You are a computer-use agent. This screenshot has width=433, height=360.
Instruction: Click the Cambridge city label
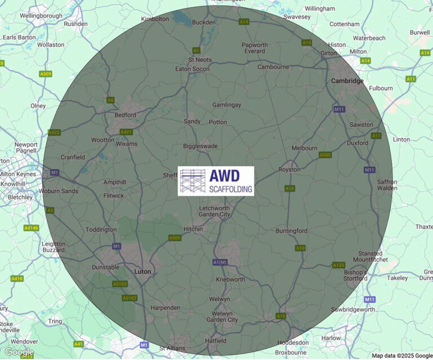point(347,81)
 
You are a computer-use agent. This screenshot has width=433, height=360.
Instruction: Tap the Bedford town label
point(125,115)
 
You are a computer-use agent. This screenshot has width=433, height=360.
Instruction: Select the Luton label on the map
point(143,272)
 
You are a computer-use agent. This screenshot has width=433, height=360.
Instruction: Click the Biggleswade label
point(200,146)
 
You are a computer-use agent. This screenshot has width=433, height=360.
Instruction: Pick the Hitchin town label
point(194,229)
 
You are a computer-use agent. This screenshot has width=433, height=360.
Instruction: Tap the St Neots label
point(199,60)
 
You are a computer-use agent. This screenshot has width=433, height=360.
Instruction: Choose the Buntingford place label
point(291,231)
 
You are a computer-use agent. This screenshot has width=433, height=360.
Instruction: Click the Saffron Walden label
point(387,185)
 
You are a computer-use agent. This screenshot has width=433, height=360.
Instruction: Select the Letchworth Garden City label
point(215,211)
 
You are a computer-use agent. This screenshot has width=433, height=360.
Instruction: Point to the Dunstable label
point(105,268)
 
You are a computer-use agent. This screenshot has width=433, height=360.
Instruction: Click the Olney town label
point(38,105)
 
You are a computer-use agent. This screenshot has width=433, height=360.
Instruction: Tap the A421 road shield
point(126,132)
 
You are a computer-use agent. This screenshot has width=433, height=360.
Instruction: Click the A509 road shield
point(46,74)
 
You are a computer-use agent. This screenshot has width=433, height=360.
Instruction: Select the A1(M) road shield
point(220,262)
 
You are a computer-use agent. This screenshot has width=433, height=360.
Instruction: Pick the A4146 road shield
point(32,228)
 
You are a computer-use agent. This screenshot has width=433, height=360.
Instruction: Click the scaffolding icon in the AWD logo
point(193,181)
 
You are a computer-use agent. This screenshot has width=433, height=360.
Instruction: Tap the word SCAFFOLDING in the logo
point(231,189)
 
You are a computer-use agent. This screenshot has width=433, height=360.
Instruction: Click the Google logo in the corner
point(19,352)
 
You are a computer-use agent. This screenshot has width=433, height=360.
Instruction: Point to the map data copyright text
point(401,355)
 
